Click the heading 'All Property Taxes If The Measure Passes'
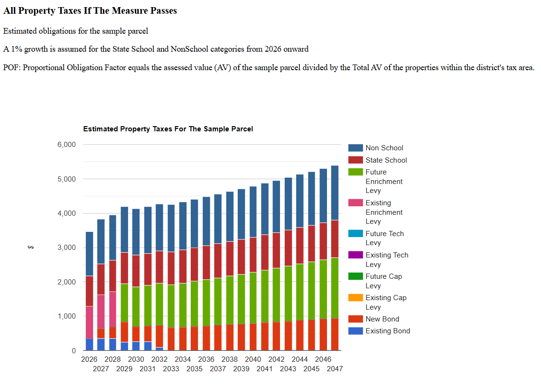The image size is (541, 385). [x=90, y=11]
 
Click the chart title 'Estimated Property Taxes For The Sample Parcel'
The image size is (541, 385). [x=168, y=129]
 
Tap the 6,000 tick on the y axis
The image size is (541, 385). [x=66, y=145]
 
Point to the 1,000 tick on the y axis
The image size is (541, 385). [x=66, y=316]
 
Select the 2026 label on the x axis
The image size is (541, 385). [x=89, y=359]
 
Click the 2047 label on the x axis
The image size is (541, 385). [x=335, y=368]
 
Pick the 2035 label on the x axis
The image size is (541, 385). [x=195, y=368]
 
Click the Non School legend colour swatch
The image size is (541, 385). [x=355, y=148]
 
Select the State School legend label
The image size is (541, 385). [x=386, y=160]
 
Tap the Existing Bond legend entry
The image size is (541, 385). [x=387, y=331]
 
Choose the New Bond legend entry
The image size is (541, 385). [x=382, y=319]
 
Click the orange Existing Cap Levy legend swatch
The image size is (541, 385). [x=355, y=298]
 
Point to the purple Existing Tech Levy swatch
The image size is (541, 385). [x=355, y=255]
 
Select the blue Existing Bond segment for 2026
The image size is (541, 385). [x=89, y=345]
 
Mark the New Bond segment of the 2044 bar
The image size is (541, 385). [x=299, y=335]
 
